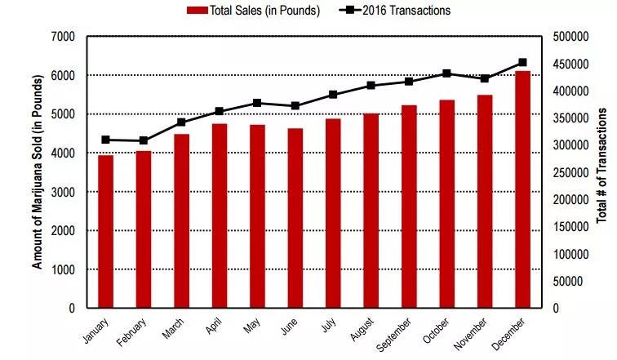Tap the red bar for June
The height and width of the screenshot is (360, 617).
(295, 218)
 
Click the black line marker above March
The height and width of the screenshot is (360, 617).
(181, 122)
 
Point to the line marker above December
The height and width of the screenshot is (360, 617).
(523, 62)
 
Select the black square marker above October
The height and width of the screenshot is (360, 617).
(447, 73)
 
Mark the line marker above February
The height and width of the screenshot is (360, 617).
(144, 140)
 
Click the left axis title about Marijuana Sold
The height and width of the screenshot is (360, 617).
(37, 171)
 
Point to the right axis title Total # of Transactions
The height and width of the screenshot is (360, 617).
(601, 171)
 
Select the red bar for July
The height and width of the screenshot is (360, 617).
(333, 213)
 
